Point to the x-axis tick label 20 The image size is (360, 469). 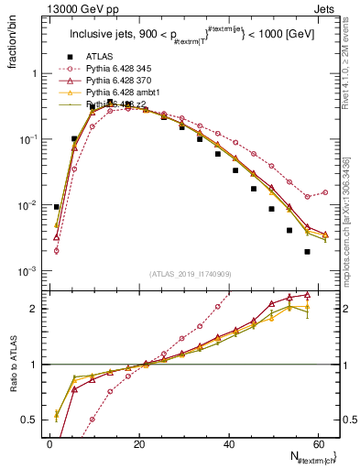(139, 443)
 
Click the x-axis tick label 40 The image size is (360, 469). (229, 443)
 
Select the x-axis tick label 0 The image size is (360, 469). (49, 443)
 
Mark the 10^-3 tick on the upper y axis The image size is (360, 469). (27, 272)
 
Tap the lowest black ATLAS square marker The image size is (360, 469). (307, 252)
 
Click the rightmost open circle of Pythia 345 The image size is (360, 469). (325, 192)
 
